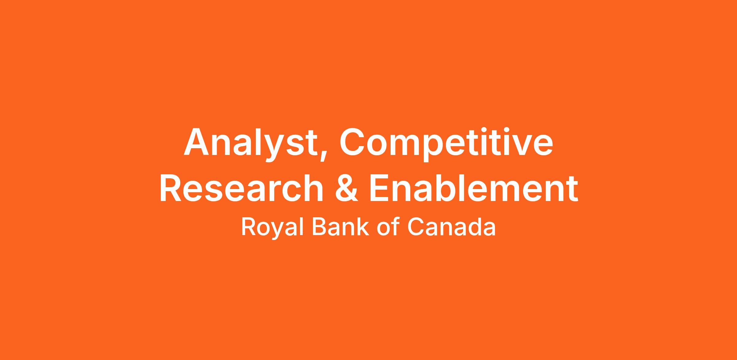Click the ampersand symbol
pyautogui.click(x=346, y=188)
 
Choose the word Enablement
pyautogui.click(x=473, y=188)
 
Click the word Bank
pyautogui.click(x=340, y=226)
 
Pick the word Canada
pyautogui.click(x=451, y=226)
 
